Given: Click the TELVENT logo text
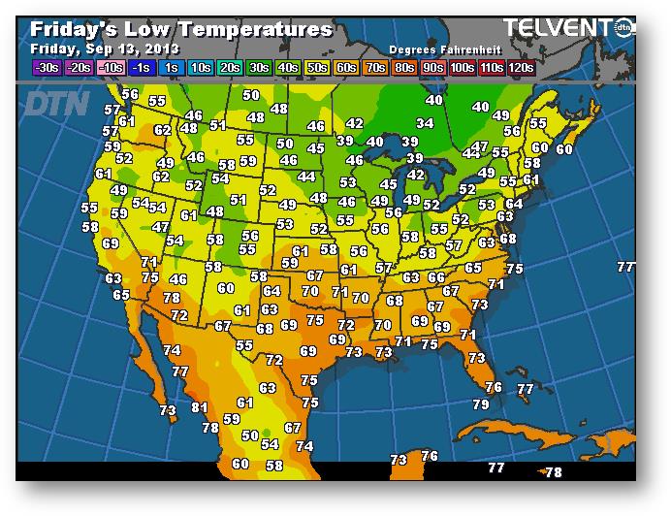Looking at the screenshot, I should coord(559,27).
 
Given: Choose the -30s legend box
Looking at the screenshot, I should coord(47,67).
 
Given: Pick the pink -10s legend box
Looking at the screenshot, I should coord(112,67).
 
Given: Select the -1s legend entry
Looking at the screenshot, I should coord(142,67).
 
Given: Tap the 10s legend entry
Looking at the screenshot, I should coord(201,67).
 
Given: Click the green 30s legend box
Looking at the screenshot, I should coord(259,67).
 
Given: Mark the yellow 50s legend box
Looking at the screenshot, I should coord(317,67).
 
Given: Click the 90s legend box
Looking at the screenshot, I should coord(433,67).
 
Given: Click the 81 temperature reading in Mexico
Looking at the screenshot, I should coord(200,408).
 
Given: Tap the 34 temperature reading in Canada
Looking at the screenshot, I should coord(425,124).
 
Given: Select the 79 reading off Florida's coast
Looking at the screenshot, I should coord(481,404).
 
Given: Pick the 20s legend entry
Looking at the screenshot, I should coord(230,67).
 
